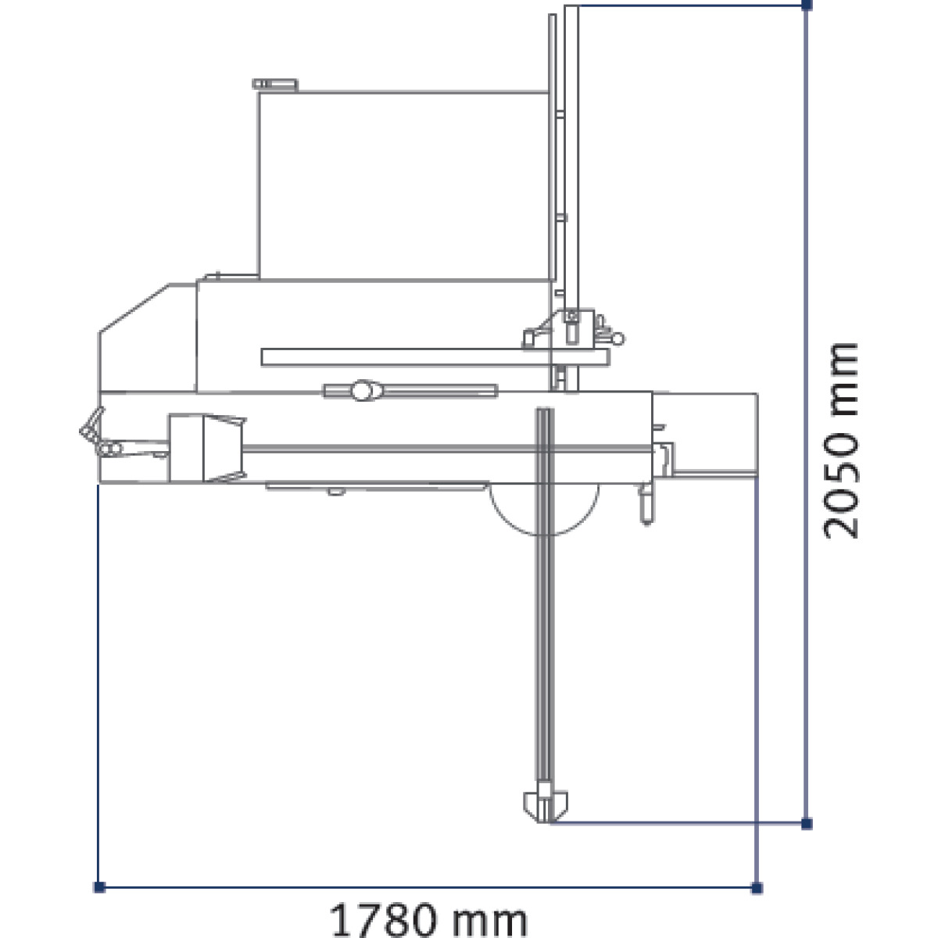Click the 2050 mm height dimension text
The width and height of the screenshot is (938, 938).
pos(840,441)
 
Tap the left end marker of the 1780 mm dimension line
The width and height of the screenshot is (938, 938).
pos(99,887)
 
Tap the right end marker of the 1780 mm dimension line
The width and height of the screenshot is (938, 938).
pos(757,888)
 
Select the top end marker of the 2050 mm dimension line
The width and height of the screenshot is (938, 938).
pos(807,5)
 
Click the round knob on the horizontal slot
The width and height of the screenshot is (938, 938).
pos(362,390)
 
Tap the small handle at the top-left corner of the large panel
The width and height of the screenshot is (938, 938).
pos(275,84)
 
